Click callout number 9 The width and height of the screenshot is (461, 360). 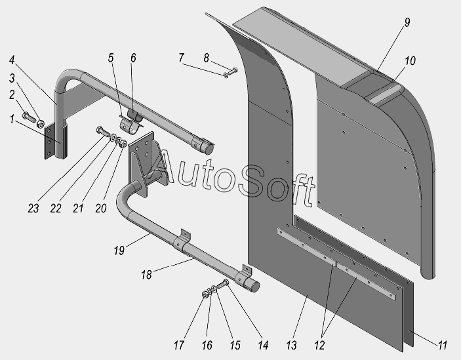point(407,22)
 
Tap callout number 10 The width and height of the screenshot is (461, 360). point(410,61)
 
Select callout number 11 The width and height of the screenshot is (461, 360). point(443,345)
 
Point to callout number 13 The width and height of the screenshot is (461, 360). point(291,345)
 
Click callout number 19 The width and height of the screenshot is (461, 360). point(119,250)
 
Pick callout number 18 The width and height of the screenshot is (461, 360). point(146,275)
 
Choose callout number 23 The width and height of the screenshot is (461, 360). point(33,209)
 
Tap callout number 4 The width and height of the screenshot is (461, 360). point(12,60)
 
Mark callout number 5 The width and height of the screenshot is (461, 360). point(111,58)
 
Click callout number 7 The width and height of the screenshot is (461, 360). point(181,58)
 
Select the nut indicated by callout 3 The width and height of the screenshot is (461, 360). point(40,123)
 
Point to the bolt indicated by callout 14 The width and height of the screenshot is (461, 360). point(223,285)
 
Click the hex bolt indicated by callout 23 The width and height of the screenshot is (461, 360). point(102,132)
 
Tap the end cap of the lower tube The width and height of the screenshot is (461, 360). point(253,287)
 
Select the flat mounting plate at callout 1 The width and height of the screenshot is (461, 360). point(49,142)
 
